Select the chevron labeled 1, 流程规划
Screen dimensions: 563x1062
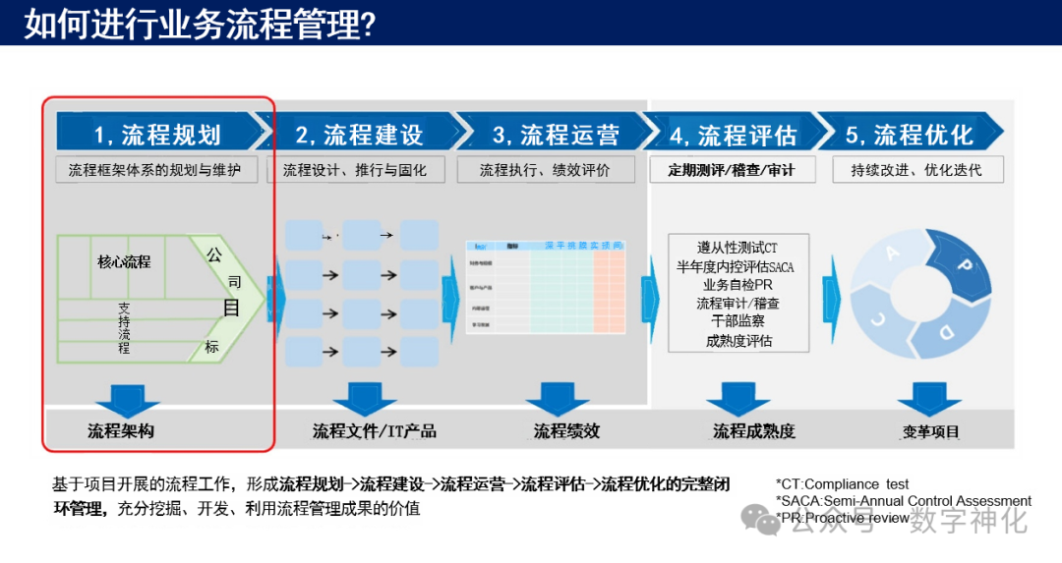coord(157,134)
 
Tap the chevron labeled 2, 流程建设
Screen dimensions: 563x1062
coord(360,134)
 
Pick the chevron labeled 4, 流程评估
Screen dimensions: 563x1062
coord(733,134)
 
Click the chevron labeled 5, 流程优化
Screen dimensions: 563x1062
coord(910,134)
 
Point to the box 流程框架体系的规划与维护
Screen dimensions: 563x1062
coord(154,170)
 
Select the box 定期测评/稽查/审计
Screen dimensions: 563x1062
coord(731,170)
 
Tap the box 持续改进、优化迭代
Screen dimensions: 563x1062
coord(915,170)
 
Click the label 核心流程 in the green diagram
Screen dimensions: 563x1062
coord(124,261)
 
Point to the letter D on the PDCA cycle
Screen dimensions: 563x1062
coord(946,331)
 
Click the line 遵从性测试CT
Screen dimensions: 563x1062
coord(737,248)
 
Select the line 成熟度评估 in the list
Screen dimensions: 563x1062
coord(738,341)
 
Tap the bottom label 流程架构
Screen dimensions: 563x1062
coord(121,430)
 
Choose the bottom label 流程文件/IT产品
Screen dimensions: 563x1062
coord(375,430)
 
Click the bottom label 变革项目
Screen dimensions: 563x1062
coord(930,431)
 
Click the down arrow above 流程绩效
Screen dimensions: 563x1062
coord(558,398)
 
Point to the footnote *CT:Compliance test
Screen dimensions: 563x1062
coord(842,484)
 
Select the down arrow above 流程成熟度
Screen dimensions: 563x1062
coord(737,398)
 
